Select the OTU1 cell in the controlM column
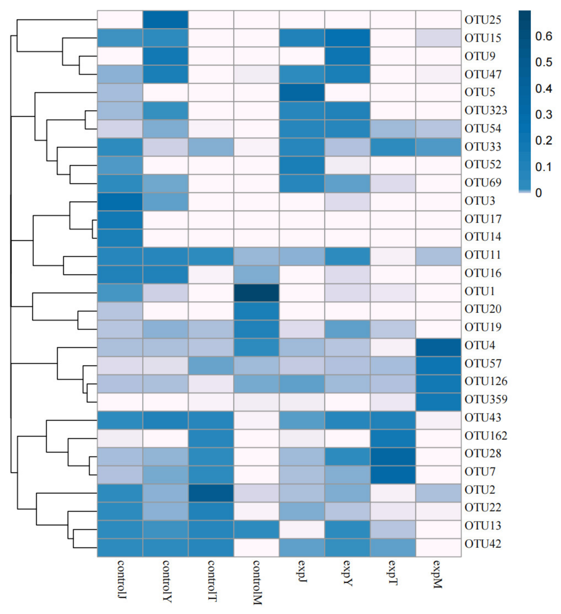click(x=256, y=293)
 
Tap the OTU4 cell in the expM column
click(x=438, y=347)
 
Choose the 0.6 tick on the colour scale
click(x=543, y=36)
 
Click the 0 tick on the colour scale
click(x=538, y=193)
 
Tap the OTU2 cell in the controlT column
click(x=211, y=493)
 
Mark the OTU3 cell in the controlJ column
click(x=120, y=202)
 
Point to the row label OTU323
click(x=486, y=110)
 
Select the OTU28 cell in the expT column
click(x=393, y=456)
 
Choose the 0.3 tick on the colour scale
click(x=543, y=115)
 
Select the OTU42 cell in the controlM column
click(x=256, y=547)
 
